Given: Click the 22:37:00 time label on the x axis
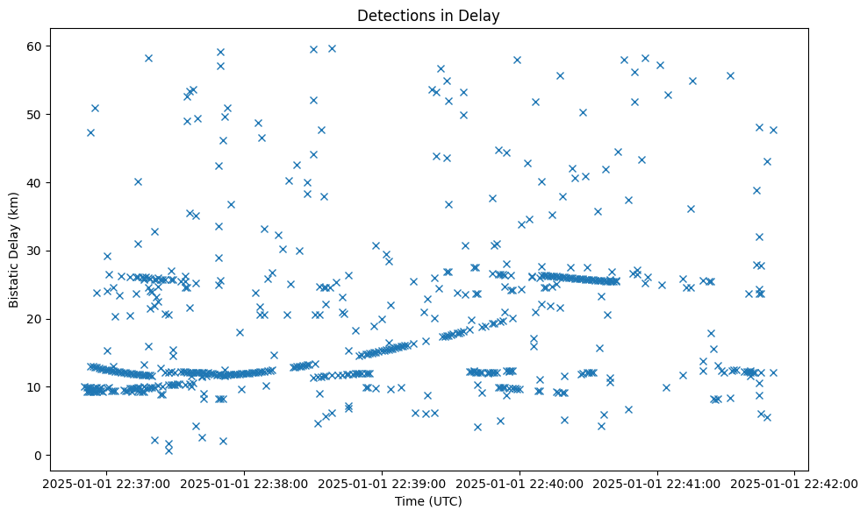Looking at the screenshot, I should point(108,483).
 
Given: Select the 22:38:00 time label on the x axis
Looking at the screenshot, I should point(245,483).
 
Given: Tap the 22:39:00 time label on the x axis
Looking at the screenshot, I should point(383,483).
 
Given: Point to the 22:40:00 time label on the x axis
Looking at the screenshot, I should point(519,483).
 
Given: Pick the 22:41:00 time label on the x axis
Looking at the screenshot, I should point(657,483).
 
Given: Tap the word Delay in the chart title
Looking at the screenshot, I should point(483,15).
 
